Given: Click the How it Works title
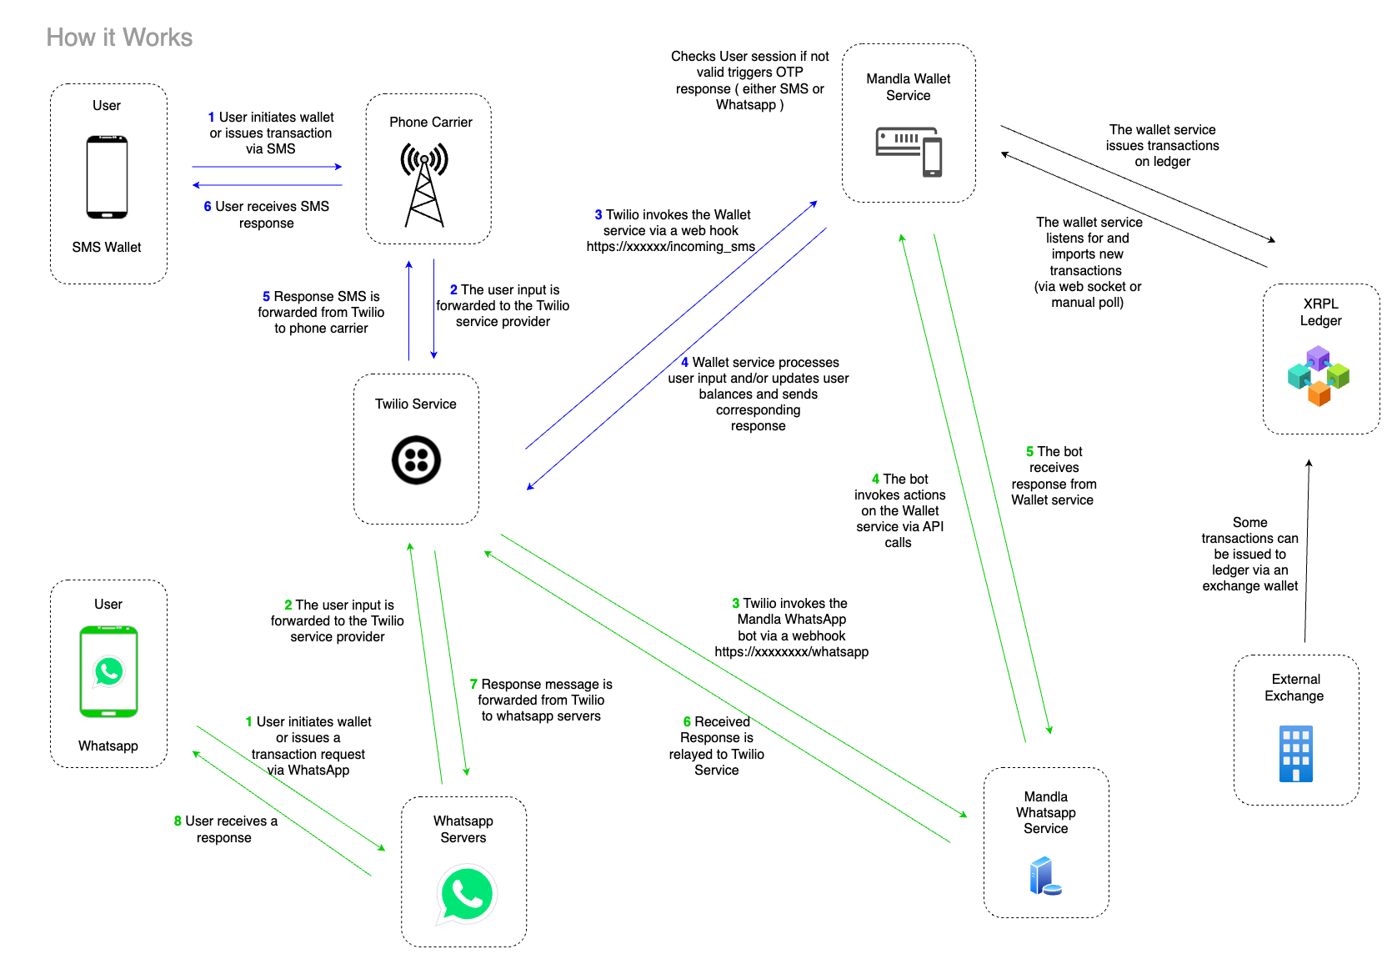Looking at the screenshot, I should [119, 38].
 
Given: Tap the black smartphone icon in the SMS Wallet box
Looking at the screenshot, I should [107, 177].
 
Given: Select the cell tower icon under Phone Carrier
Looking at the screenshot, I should [424, 185].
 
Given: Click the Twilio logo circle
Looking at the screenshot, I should [416, 459].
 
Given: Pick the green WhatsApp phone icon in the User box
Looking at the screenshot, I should [108, 671].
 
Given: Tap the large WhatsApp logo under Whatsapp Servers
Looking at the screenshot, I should [466, 895].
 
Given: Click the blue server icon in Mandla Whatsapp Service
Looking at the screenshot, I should [1044, 876].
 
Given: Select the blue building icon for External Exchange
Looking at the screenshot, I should [1295, 753].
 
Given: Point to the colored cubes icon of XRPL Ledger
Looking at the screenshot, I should [1319, 376].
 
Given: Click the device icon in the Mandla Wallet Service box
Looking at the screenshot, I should [909, 151].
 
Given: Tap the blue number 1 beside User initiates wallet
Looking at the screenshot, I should [211, 118].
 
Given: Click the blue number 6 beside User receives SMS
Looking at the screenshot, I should [208, 207].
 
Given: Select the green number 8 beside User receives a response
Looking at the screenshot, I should [178, 821].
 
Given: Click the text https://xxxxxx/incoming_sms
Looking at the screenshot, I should [670, 247].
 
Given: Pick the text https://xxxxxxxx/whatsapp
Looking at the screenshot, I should [791, 652].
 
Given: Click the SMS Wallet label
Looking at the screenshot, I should [107, 248].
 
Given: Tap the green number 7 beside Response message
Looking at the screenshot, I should [473, 685].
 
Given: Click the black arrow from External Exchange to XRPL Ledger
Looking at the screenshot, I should [1307, 550].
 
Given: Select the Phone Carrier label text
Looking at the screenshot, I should [430, 123].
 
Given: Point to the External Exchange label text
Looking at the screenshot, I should [1295, 688].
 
